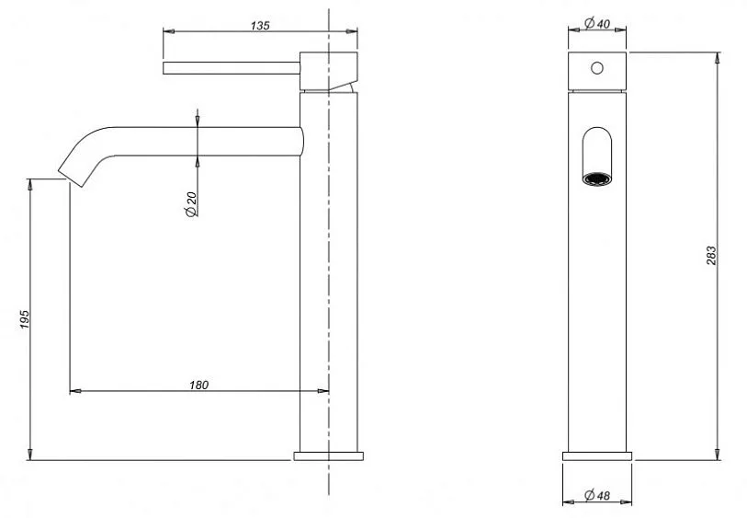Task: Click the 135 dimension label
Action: pos(260,25)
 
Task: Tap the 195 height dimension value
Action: pos(25,319)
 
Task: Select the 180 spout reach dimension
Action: pos(198,385)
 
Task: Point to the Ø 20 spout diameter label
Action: pos(190,204)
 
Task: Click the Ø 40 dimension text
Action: pos(597,23)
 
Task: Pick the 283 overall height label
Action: pos(711,256)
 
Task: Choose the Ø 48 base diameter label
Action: pos(597,495)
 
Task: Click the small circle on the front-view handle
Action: pos(597,68)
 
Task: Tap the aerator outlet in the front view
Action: pos(597,178)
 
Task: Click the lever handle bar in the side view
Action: pos(232,68)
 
